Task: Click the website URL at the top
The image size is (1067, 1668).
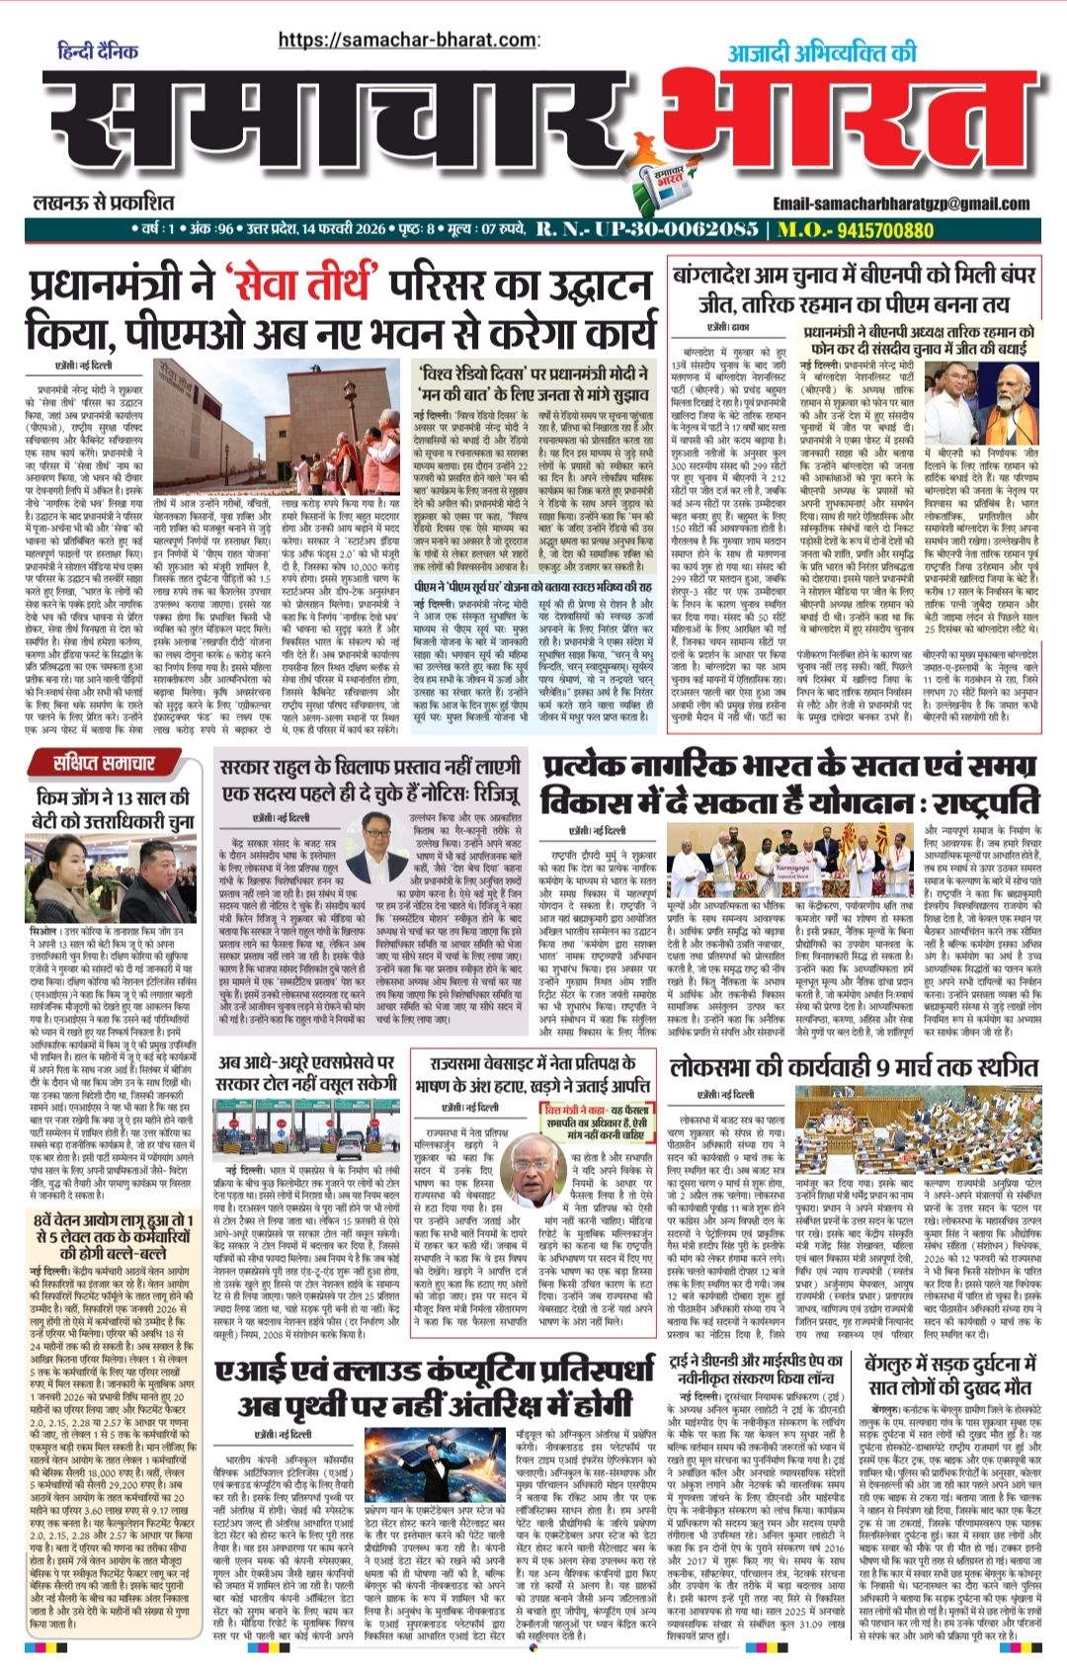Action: [407, 40]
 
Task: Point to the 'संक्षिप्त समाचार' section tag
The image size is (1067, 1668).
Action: [106, 762]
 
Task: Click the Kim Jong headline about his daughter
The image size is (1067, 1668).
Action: [113, 808]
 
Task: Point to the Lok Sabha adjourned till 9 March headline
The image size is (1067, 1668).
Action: [853, 1067]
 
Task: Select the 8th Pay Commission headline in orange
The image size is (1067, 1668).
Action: [112, 1244]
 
